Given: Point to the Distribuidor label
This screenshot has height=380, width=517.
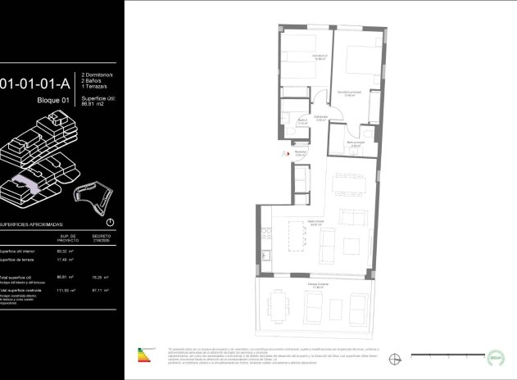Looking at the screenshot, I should coord(323,118).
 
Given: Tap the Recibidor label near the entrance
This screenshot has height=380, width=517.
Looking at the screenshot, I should coord(302,153).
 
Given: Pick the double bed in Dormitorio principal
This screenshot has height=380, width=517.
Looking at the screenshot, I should coord(356,59).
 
